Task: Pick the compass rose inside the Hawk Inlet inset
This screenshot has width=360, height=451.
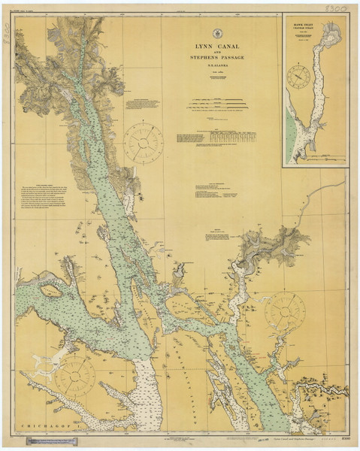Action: click(299, 77)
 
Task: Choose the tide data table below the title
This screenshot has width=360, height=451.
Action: click(233, 137)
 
